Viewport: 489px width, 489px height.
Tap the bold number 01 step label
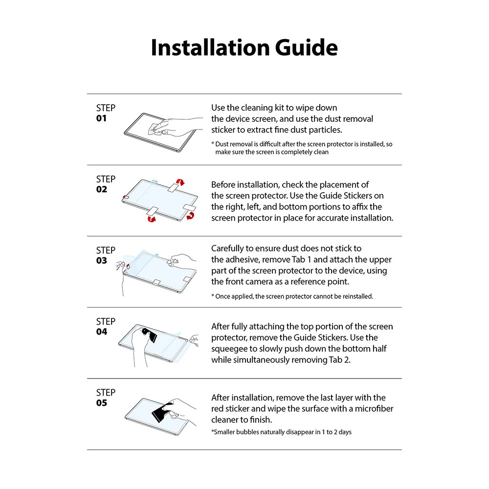(x=102, y=118)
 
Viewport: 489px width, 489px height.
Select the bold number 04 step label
(x=102, y=332)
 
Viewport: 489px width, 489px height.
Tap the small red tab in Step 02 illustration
(x=126, y=198)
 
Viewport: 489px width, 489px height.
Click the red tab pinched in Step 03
(x=128, y=267)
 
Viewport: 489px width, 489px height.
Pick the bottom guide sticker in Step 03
(x=157, y=282)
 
